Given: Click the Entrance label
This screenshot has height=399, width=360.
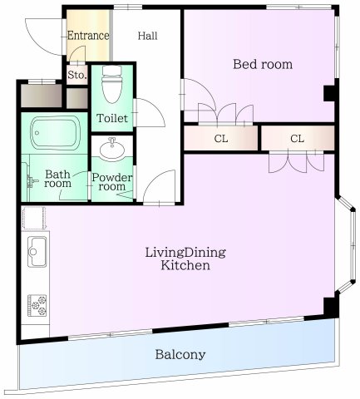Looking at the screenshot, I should point(88,36).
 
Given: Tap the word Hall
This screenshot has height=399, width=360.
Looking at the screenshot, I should point(148,36).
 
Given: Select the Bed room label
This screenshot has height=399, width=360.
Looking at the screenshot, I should point(262,64).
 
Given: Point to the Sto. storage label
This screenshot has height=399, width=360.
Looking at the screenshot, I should point(76,76).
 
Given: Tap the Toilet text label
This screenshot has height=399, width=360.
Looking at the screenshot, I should point(112,119).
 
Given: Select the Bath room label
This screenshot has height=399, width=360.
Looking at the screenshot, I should point(56,180).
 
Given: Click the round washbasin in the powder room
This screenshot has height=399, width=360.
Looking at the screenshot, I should point(112,150).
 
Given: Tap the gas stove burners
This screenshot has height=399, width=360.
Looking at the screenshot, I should point(37,304).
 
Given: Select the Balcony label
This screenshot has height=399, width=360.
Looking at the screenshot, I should point(180,354).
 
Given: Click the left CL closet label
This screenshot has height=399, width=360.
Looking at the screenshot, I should point(221,138).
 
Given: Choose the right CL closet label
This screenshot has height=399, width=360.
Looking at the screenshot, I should point(297,138).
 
